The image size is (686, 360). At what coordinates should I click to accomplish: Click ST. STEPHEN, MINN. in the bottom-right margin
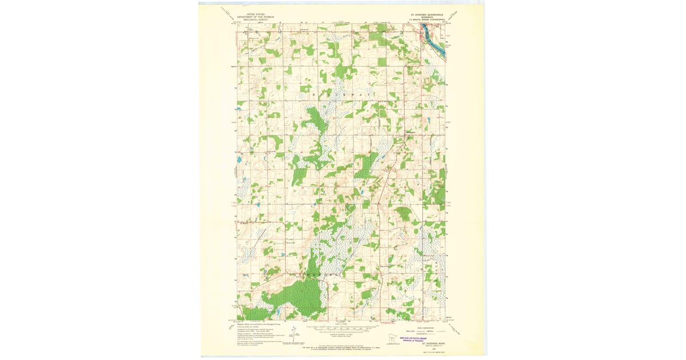pos(429,343)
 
